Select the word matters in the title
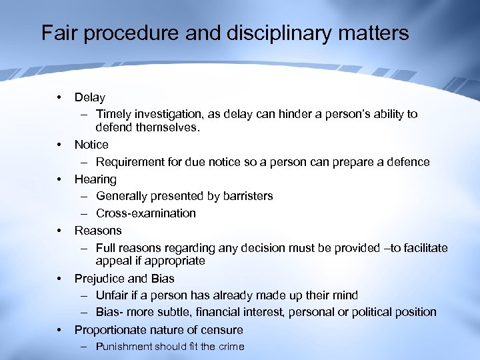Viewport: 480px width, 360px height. point(375,33)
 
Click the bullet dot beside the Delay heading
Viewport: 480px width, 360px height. point(59,98)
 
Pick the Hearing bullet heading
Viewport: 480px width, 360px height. point(95,179)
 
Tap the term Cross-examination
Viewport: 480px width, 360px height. point(146,213)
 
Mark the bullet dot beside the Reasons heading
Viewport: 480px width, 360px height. point(59,231)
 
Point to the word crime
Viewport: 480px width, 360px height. point(230,347)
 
